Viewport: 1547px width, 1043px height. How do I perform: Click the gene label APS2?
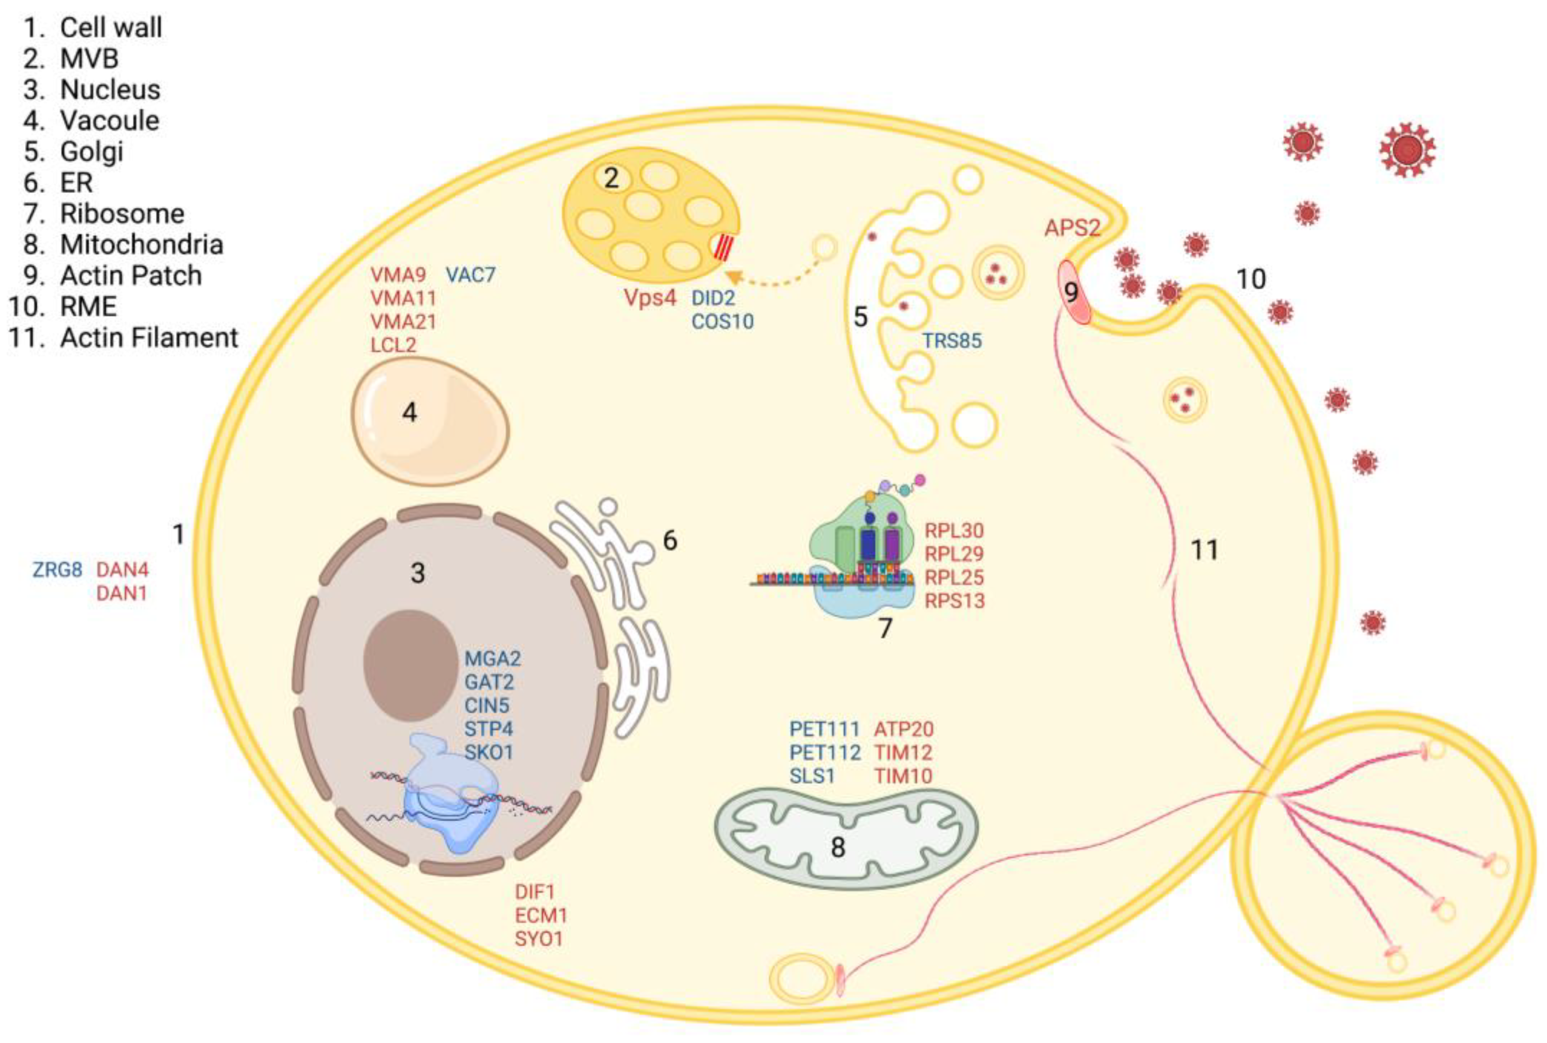pyautogui.click(x=1071, y=227)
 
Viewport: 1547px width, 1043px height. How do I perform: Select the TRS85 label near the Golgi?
pyautogui.click(x=951, y=341)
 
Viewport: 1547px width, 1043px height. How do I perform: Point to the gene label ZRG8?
pyautogui.click(x=57, y=569)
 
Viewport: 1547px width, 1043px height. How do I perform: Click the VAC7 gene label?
pyautogui.click(x=470, y=275)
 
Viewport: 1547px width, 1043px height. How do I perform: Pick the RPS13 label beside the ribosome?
pyautogui.click(x=954, y=601)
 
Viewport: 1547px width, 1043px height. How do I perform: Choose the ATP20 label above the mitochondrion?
pyautogui.click(x=903, y=729)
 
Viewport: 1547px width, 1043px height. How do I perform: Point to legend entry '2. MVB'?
pyautogui.click(x=70, y=58)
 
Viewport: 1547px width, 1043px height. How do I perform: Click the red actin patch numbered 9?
pyautogui.click(x=1073, y=293)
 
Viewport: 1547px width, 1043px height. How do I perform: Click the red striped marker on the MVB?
pyautogui.click(x=722, y=248)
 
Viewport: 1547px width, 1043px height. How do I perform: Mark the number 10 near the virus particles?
pyautogui.click(x=1251, y=279)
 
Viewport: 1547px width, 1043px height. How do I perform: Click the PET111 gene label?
pyautogui.click(x=824, y=729)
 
